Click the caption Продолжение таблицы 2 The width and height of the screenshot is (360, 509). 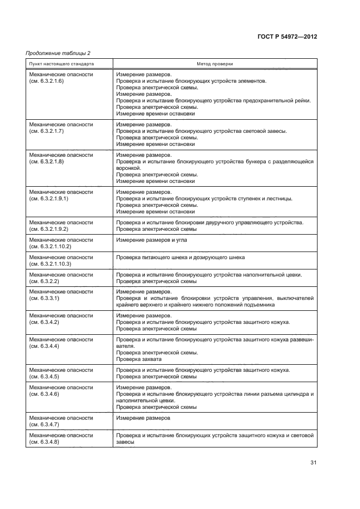pyautogui.click(x=58, y=53)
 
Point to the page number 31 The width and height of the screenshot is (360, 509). pyautogui.click(x=313, y=462)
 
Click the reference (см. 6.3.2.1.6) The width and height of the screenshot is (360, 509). pyautogui.click(x=46, y=81)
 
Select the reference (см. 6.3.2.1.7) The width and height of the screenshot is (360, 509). pyautogui.click(x=46, y=131)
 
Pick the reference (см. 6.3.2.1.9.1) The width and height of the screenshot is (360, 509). pyautogui.click(x=48, y=199)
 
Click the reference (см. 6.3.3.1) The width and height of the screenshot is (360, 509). pyautogui.click(x=44, y=298)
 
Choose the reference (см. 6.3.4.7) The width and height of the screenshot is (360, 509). pyautogui.click(x=44, y=425)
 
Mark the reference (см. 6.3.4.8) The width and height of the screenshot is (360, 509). pyautogui.click(x=44, y=442)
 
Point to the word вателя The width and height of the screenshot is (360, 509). pyautogui.click(x=125, y=346)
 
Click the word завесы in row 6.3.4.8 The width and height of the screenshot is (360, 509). pyautogui.click(x=125, y=442)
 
